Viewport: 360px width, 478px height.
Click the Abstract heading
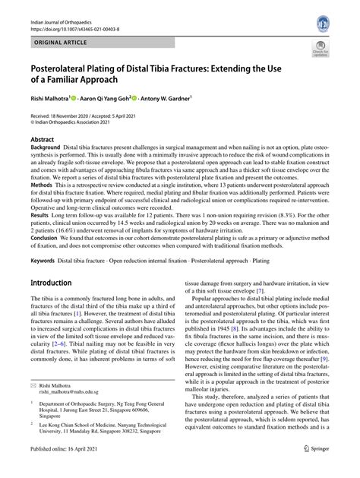(43, 141)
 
